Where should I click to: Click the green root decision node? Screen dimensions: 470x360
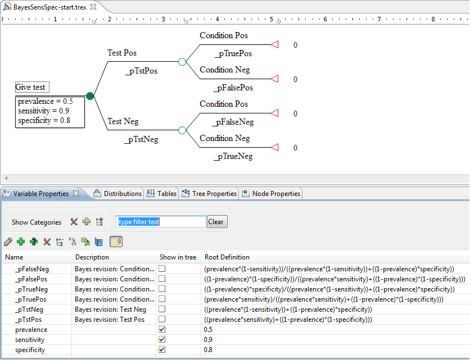[90, 96]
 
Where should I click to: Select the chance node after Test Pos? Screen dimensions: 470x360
[182, 62]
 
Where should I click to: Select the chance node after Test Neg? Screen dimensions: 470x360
[182, 130]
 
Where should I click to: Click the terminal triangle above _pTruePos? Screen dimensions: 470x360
[274, 44]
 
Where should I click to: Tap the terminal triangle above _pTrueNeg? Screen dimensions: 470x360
[274, 147]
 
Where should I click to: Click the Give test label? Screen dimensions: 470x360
[30, 87]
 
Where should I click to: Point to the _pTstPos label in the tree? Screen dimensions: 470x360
[141, 71]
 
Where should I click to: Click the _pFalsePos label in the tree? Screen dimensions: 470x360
[233, 88]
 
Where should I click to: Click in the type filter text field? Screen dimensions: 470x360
[161, 222]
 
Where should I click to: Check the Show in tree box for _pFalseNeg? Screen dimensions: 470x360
[162, 268]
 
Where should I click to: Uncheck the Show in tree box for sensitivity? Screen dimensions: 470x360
[162, 339]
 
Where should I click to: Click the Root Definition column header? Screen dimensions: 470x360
[227, 257]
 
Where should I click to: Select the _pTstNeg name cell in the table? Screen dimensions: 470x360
[29, 309]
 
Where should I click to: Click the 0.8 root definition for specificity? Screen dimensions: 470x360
[208, 349]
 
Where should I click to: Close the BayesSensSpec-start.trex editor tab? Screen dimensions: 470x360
[93, 7]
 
